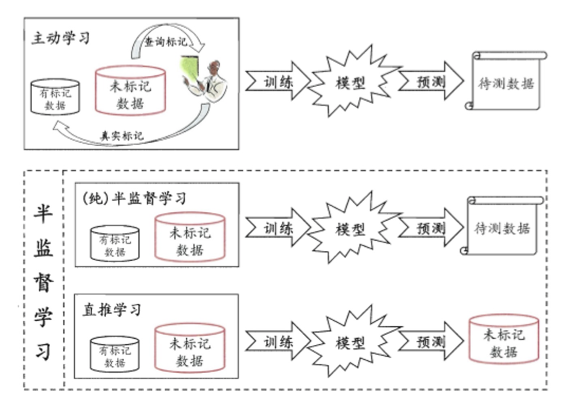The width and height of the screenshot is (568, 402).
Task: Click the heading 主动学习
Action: (60, 39)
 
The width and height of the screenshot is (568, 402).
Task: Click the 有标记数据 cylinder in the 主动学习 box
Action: (55, 98)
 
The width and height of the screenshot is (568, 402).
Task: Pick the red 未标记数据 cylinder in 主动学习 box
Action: (130, 92)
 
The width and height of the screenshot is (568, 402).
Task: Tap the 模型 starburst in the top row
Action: (349, 82)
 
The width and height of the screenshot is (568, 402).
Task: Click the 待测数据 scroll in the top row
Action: (505, 82)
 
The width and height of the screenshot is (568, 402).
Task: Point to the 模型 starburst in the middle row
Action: (350, 229)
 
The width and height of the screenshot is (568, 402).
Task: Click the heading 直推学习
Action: (112, 310)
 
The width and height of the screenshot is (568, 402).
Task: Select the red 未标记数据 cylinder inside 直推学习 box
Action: (190, 351)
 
